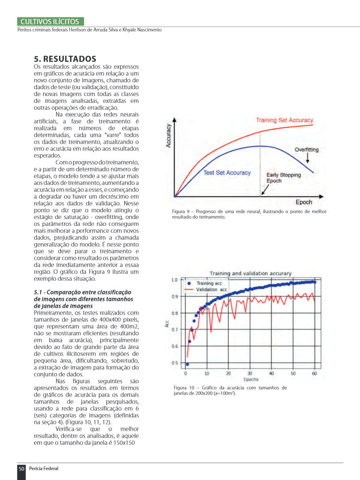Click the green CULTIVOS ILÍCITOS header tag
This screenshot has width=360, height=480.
pyautogui.click(x=50, y=22)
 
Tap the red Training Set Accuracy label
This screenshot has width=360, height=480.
pyautogui.click(x=285, y=120)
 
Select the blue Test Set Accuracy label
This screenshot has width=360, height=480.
pyautogui.click(x=227, y=173)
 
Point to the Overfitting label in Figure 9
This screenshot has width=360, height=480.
pyautogui.click(x=306, y=150)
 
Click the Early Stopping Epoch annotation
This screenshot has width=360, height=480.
pyautogui.click(x=283, y=178)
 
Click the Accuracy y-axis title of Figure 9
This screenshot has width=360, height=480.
pyautogui.click(x=169, y=136)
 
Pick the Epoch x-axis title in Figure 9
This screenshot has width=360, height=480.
pyautogui.click(x=304, y=202)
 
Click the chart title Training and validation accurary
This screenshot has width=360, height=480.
pyautogui.click(x=250, y=273)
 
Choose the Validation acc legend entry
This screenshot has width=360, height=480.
pyautogui.click(x=211, y=290)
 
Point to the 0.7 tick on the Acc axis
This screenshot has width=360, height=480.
pyautogui.click(x=174, y=330)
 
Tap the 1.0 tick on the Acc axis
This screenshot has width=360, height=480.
pyautogui.click(x=174, y=280)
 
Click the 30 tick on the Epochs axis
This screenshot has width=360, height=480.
pyautogui.click(x=250, y=374)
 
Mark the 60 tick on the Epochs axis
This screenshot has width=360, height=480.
pyautogui.click(x=314, y=374)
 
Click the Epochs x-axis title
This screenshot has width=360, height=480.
pyautogui.click(x=251, y=380)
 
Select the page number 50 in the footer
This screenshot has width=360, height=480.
pyautogui.click(x=21, y=469)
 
